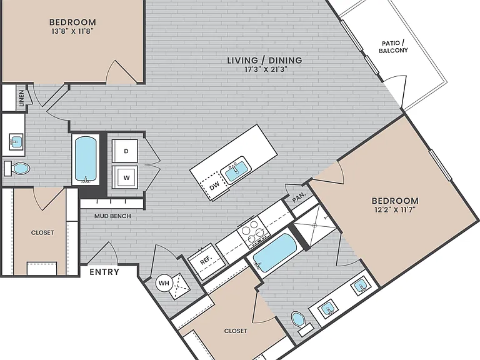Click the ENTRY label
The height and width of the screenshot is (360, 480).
104,272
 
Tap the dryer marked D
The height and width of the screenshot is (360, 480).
125,151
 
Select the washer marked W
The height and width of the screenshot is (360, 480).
125,177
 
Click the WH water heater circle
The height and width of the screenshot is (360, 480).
164,283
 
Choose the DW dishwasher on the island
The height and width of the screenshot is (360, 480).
214,185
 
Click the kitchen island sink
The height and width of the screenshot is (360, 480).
236,170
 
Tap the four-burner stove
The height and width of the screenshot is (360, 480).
254,232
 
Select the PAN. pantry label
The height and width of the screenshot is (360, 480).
299,197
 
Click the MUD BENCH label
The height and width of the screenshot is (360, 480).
112,216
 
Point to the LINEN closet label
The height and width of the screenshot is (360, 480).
21,98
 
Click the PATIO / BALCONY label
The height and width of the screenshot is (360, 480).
393,47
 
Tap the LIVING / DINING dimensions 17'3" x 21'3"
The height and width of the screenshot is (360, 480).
266,69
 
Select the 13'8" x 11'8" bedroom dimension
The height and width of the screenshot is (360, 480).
72,31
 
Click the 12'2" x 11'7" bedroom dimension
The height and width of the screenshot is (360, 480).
395,210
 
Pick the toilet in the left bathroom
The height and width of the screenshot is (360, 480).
17,168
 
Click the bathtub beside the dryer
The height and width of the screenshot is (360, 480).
86,159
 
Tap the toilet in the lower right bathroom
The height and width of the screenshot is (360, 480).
301,323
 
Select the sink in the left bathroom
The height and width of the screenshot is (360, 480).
16,142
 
